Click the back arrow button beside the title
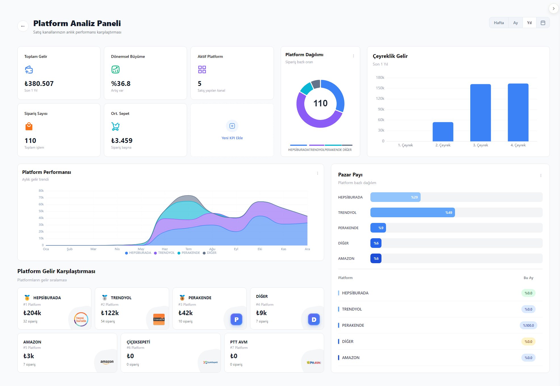coord(23,26)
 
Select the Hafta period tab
coord(499,23)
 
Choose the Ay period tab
coord(515,23)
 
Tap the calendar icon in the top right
coord(543,23)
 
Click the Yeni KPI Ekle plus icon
coord(232,126)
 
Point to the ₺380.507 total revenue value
coord(39,84)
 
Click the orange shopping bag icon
coord(29,126)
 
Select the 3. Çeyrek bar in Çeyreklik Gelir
coord(481,113)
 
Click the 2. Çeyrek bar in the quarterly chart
coord(443,132)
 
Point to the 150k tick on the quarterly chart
coord(380,88)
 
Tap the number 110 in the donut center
coord(320,103)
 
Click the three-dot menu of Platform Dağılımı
coord(353,56)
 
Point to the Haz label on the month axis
coord(165,249)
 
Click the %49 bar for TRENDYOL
coord(412,212)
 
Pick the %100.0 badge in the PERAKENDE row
coord(528,325)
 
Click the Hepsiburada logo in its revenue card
coord(81,319)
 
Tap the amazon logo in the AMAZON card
coord(107,362)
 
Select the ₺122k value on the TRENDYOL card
coord(110,313)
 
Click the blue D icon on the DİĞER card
coord(314,320)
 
